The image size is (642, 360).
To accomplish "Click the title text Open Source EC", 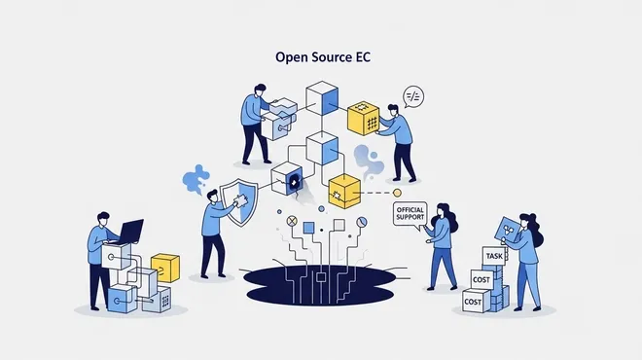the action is (x=323, y=57).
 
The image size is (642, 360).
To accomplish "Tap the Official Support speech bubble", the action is (x=410, y=214).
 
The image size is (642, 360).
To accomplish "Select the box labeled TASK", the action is (x=494, y=257).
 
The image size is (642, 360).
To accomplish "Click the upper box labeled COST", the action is (x=481, y=279).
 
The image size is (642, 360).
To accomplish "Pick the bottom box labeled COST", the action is (x=476, y=302).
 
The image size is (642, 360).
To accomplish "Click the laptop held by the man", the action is (x=130, y=232).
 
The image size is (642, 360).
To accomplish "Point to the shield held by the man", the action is (x=239, y=202).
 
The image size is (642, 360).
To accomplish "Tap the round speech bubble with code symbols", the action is (x=412, y=96).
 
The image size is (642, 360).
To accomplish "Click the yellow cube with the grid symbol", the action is (x=363, y=118).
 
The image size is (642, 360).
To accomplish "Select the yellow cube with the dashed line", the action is (x=344, y=192).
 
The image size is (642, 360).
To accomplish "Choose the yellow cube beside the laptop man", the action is (x=165, y=268).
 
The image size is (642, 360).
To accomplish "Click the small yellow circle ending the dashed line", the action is (x=397, y=193).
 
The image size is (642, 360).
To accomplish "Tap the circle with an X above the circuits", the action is (x=292, y=221).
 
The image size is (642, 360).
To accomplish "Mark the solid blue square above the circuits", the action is (x=308, y=228).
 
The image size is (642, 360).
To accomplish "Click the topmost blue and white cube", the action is (x=322, y=98).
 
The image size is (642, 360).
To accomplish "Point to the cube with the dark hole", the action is (x=287, y=179).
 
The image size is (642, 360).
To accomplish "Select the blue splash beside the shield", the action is (x=196, y=179).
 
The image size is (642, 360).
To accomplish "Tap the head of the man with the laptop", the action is (x=103, y=219).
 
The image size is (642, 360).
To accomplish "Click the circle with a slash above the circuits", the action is (x=362, y=223).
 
